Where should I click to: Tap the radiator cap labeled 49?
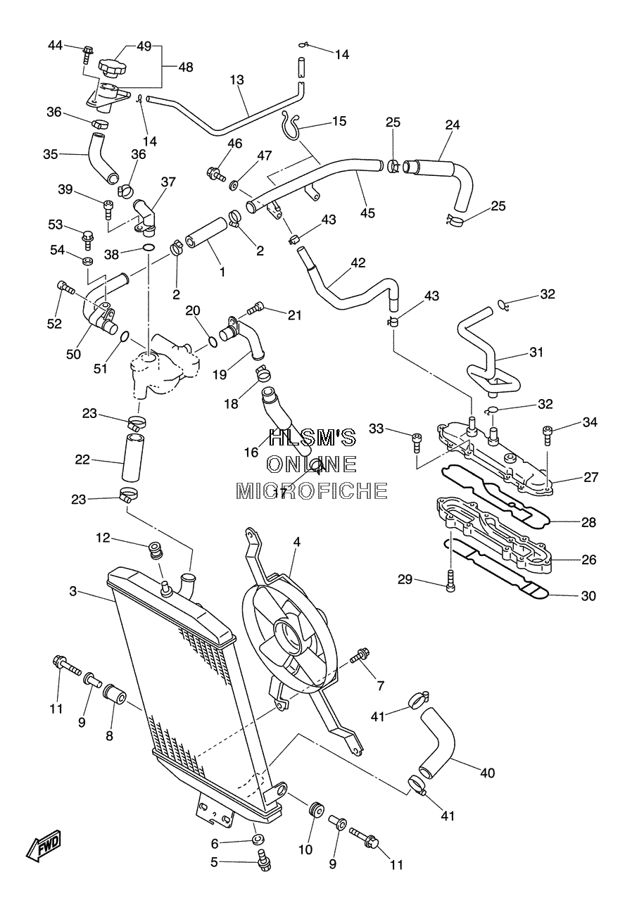point(111,68)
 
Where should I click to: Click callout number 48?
point(186,67)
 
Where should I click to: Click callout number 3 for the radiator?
point(72,591)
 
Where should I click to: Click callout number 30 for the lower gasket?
point(588,595)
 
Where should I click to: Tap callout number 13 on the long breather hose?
point(237,80)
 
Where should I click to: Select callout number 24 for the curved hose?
point(453,125)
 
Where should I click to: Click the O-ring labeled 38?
point(149,247)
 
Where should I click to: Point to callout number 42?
point(358,262)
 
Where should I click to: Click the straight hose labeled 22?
point(133,457)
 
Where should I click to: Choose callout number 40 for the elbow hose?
point(487,773)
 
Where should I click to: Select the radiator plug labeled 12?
point(155,550)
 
